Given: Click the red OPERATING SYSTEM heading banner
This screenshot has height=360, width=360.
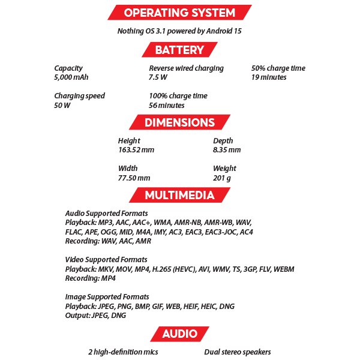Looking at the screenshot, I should coord(179,13).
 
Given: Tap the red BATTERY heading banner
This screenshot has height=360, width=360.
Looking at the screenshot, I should coord(179,50).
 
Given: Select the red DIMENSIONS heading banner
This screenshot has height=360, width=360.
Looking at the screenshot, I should coord(180,122).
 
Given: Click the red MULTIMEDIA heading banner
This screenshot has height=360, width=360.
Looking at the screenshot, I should coord(179,195).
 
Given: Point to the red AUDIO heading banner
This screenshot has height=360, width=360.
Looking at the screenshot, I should coord(179,334).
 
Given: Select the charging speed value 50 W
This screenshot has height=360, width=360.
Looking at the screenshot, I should coord(62,106).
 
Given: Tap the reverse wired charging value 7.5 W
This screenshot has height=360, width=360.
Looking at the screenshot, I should coord(158,77).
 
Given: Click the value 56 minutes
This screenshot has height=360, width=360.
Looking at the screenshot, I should coord(167,106).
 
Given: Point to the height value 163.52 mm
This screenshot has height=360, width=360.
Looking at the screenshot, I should coord(136,150).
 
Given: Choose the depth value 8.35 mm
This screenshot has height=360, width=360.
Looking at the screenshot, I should coord(227,150).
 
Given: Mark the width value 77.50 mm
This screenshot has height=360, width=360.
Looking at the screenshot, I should coord(134,178).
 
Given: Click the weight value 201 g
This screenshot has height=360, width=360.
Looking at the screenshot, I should coord(222,178).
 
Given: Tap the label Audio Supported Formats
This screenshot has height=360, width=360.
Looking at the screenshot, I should coord(106,214).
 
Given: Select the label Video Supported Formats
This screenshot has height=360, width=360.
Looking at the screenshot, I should coord(106,260).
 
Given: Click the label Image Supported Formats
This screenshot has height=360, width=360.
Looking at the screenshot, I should coord(107,297).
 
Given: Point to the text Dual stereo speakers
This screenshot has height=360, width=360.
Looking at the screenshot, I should coord(237,352).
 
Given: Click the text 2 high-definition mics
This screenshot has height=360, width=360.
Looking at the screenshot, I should coord(123,352).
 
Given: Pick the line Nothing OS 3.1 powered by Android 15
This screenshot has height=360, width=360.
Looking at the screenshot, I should coord(179,31).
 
